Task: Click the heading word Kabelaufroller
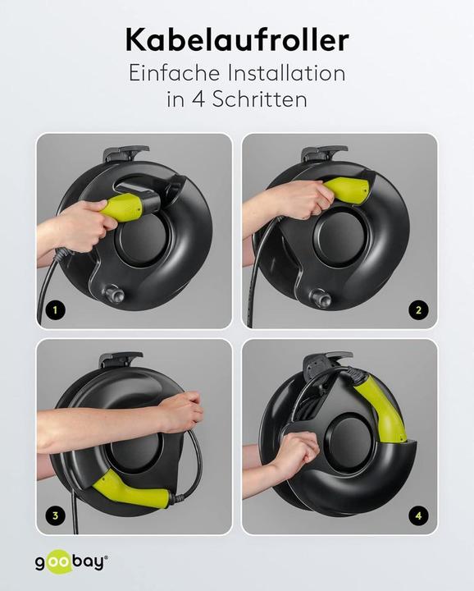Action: coord(236,39)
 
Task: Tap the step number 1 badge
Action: coord(54,311)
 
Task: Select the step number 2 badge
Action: coord(419,310)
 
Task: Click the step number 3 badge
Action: coord(54,516)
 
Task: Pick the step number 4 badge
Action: coord(419,516)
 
